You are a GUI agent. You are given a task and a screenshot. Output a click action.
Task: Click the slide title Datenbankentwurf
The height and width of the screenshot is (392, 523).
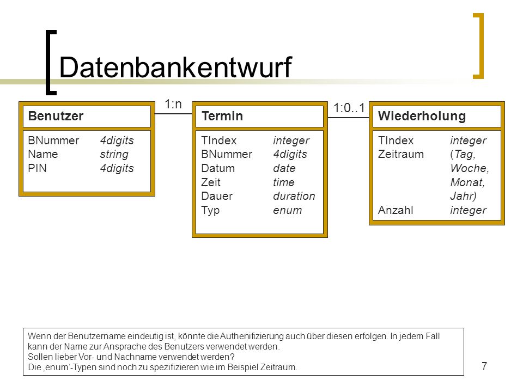tap(175, 68)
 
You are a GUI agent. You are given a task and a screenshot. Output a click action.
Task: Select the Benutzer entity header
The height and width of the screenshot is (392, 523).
tap(56, 116)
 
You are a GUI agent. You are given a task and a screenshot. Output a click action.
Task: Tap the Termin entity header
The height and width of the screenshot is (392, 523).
tap(222, 116)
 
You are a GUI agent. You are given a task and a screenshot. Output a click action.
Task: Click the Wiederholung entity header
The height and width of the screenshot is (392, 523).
tap(422, 116)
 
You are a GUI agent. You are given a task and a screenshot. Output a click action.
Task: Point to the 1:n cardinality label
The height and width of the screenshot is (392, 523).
tap(173, 105)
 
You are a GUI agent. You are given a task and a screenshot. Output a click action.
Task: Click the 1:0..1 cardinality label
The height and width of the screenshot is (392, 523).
tap(349, 108)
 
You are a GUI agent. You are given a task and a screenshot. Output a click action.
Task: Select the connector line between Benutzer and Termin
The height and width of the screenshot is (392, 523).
tap(173, 114)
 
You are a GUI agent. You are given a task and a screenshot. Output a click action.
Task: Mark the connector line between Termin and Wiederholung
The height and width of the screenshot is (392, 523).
tap(348, 118)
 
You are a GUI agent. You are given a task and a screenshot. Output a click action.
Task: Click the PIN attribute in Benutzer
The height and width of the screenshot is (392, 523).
tap(38, 168)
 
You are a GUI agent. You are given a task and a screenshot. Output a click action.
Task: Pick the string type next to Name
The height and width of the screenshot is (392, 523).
tap(114, 154)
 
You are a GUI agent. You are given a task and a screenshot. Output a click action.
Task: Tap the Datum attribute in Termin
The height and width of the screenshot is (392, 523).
tap(218, 168)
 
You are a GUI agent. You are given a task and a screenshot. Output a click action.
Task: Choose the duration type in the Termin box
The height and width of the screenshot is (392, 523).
tap(294, 196)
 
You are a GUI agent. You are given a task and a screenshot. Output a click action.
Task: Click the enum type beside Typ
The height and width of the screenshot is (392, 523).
tap(287, 210)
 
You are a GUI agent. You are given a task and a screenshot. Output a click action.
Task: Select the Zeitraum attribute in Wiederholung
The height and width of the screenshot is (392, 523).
tap(400, 154)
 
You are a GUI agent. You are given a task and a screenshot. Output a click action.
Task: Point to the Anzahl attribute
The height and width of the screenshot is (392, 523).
tap(396, 210)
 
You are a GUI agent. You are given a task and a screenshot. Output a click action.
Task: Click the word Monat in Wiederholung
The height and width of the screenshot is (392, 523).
tap(466, 182)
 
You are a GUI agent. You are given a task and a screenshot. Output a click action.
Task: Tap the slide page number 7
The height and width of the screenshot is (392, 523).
tap(484, 366)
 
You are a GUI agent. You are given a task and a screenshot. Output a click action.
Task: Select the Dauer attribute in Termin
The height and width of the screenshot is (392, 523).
tap(217, 196)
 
